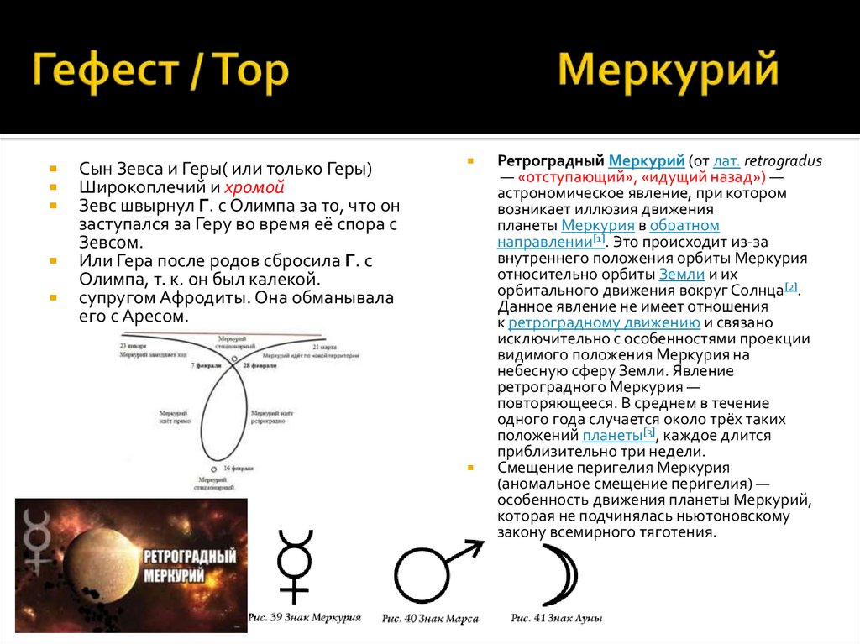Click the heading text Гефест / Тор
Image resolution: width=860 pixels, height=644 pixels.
[x=160, y=73]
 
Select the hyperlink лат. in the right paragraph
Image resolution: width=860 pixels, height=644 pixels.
[x=727, y=160]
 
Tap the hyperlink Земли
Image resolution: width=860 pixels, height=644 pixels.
[x=676, y=274]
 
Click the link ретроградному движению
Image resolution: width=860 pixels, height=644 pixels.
[x=604, y=322]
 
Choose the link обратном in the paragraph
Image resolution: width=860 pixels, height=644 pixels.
[x=684, y=226]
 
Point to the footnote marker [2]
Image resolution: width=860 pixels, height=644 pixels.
[x=791, y=286]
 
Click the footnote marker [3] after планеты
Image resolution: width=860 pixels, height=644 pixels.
[x=648, y=432]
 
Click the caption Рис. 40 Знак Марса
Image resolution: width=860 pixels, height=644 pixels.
[x=429, y=618]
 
